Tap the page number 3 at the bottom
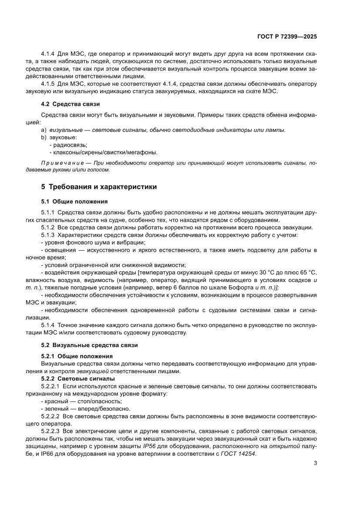coord(315,463)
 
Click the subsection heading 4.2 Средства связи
coord(71,104)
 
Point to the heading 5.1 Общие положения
coord(74,202)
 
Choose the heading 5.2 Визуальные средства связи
coord(89,345)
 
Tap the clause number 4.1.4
coord(47,54)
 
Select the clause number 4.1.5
coord(47,84)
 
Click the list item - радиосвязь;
coord(68,145)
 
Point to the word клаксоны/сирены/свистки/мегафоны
coord(105,152)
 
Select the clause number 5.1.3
coord(47,235)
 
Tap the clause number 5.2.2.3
coord(50,431)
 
